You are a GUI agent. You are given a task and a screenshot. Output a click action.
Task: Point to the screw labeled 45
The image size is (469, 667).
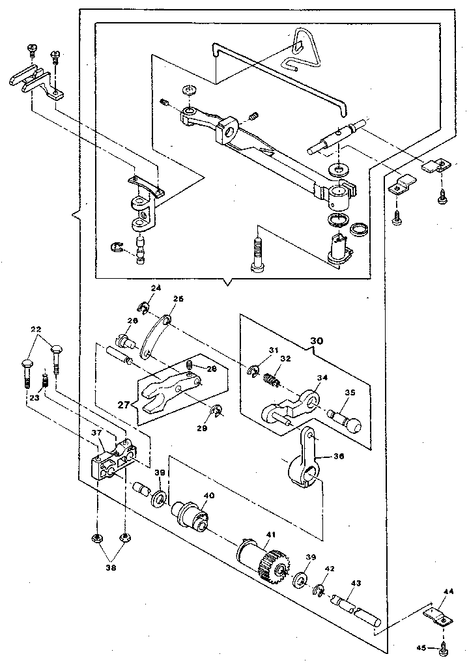(x=444, y=647)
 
